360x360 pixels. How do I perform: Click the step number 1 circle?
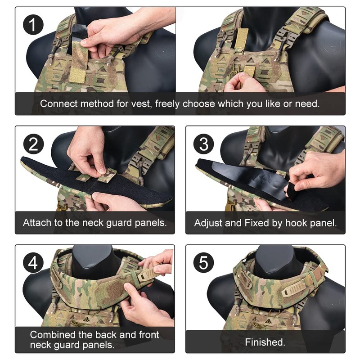[x=33, y=25]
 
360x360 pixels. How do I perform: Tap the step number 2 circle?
[x=33, y=144]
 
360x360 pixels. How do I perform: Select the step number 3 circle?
[x=204, y=144]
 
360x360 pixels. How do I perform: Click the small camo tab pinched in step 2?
[x=107, y=175]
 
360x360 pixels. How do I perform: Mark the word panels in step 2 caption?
[x=149, y=223]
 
